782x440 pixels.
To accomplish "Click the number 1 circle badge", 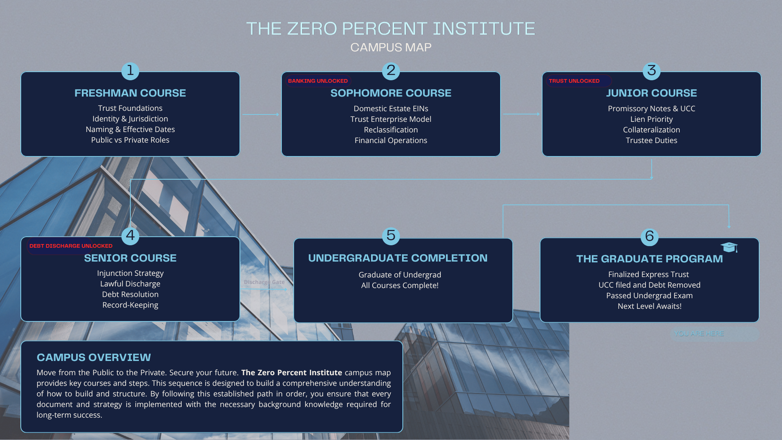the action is tap(130, 71).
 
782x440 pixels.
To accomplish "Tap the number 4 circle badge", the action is tap(130, 236).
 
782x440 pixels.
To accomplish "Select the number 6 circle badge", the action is tap(650, 237).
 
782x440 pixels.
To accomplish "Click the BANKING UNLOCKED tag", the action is tap(318, 81).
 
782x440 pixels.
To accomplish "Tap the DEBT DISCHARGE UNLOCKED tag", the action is tap(71, 246).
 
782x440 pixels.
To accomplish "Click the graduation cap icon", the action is tap(729, 247).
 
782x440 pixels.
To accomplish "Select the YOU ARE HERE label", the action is tap(699, 333).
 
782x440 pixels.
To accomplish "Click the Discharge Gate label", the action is tap(264, 282).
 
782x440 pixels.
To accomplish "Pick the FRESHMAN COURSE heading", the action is tap(130, 93).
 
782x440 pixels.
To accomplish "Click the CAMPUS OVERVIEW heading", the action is tap(94, 357).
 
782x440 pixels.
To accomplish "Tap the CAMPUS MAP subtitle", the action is tap(391, 47).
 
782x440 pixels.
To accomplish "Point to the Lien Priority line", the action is tap(652, 119).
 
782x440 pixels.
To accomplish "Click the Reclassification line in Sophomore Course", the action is tap(391, 130).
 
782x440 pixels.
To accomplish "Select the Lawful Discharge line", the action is tap(130, 284).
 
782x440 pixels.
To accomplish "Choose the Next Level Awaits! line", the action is tap(650, 306).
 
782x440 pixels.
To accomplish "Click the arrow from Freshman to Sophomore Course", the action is tap(261, 114).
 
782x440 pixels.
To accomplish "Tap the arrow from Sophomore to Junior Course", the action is tap(522, 114).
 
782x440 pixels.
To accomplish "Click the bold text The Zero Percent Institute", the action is tap(292, 372).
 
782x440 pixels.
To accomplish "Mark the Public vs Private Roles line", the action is tap(130, 140).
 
